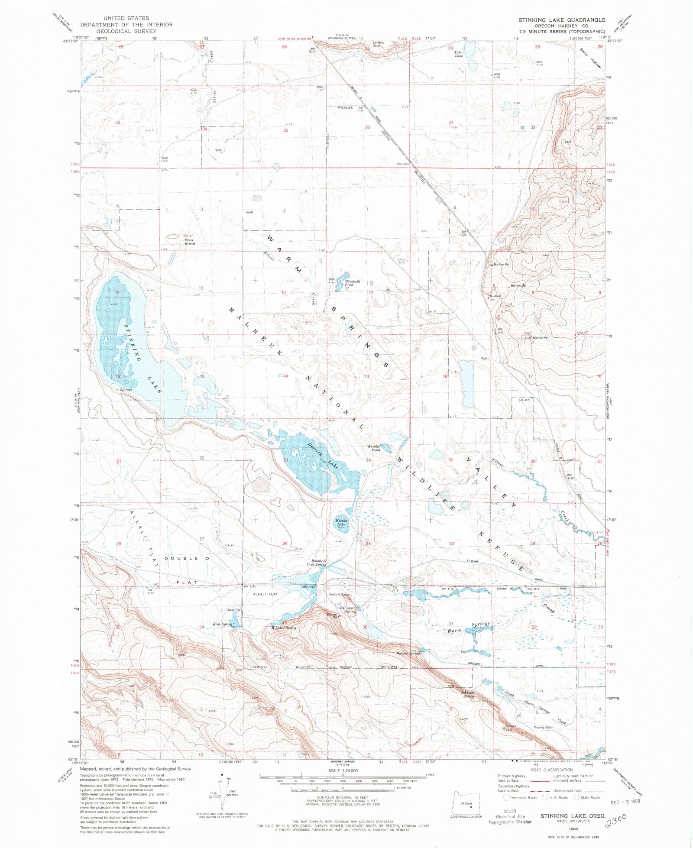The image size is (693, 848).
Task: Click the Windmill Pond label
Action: [352, 283]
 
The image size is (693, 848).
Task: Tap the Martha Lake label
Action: [341, 522]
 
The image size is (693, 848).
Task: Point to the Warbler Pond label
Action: [374, 448]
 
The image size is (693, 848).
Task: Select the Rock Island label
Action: [190, 242]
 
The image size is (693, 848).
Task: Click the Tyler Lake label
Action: [459, 54]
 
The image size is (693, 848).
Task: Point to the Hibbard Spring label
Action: [284, 628]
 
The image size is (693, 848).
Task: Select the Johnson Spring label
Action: [468, 694]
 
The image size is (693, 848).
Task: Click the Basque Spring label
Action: [408, 653]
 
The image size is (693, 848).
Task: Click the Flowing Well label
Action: [543, 727]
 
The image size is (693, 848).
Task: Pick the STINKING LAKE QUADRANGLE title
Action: [562, 20]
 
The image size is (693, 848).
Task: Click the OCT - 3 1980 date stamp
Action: [625, 801]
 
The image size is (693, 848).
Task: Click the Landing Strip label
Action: [378, 44]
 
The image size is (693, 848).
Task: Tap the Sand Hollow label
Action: [590, 57]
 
